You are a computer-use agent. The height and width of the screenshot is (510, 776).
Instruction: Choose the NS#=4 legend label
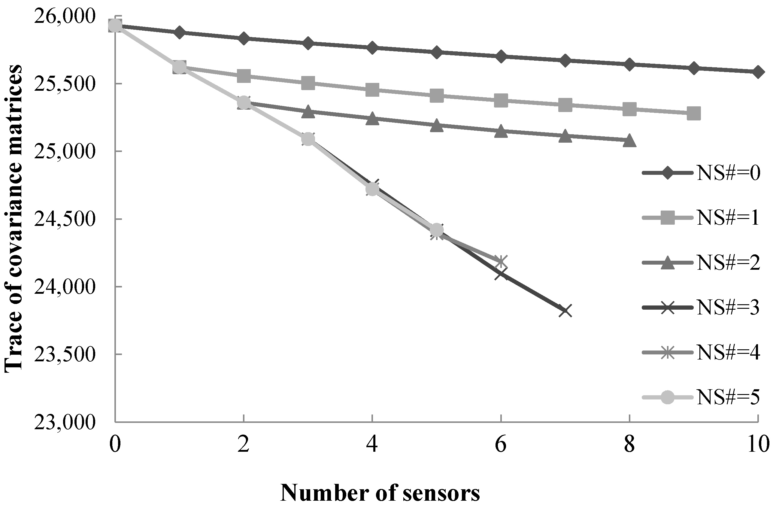point(728,354)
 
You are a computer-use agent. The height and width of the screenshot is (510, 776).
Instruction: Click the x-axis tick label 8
point(629,445)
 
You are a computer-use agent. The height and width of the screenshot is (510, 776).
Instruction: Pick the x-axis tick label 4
point(372,445)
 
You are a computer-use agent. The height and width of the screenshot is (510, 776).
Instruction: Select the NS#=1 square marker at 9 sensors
point(693,114)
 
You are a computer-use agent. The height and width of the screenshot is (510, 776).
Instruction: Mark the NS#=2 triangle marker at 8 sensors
point(629,141)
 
